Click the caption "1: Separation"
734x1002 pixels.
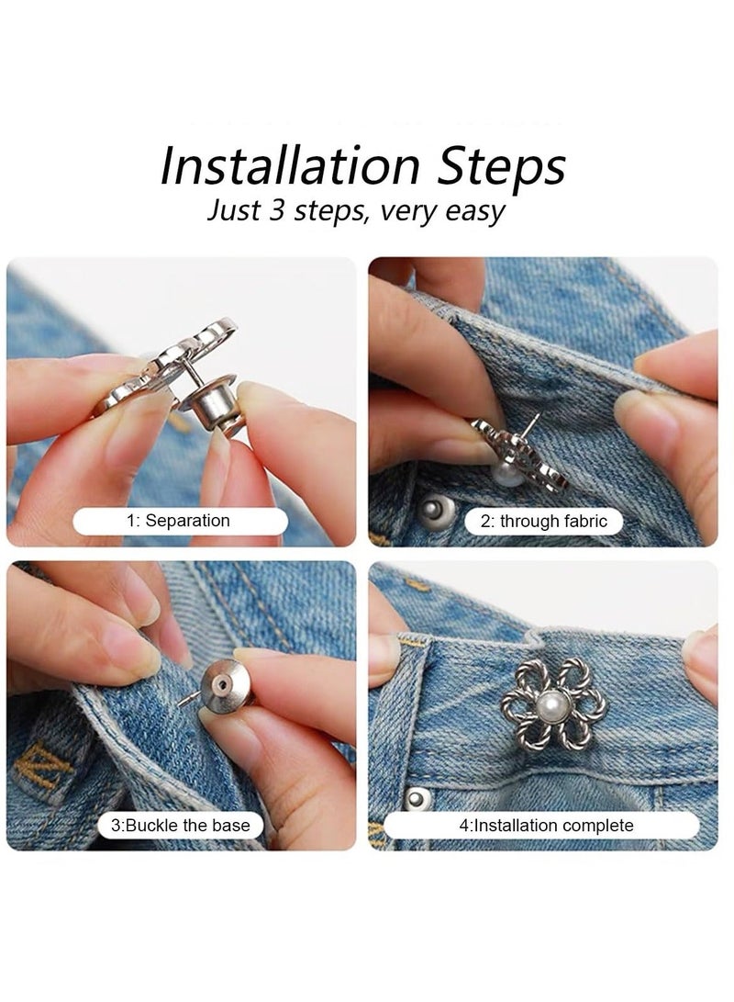pos(178,521)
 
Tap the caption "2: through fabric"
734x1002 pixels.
pos(544,521)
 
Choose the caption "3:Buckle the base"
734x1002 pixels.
pos(180,825)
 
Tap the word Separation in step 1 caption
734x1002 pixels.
pos(188,521)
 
